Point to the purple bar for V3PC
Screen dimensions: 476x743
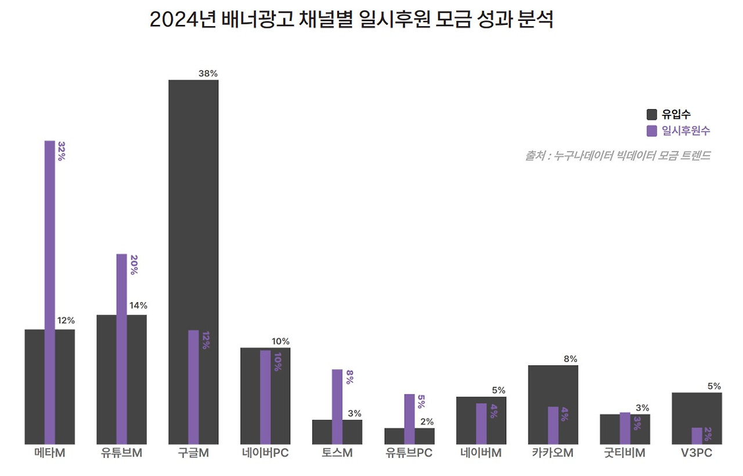point(697,436)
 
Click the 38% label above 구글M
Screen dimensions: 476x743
point(208,74)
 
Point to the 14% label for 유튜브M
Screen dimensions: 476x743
point(138,306)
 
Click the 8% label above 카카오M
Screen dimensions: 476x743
point(570,359)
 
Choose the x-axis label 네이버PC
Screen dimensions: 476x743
point(265,453)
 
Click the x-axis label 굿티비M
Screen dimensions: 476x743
point(625,453)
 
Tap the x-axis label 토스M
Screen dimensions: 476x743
point(337,453)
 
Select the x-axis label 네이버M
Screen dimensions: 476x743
point(481,453)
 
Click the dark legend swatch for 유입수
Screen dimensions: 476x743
point(652,115)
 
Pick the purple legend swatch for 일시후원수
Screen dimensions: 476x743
point(652,131)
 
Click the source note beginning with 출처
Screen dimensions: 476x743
point(618,156)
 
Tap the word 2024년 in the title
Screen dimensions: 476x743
point(183,19)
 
